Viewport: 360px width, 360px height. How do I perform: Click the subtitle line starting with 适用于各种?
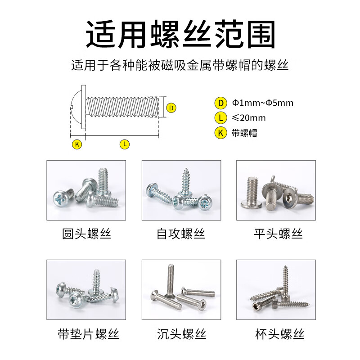[180, 66]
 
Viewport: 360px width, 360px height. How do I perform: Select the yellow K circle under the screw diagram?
[77, 144]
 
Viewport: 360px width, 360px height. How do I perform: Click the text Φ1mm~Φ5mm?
[262, 103]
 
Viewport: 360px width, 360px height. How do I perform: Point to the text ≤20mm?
[248, 118]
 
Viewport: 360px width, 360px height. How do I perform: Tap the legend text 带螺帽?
[244, 133]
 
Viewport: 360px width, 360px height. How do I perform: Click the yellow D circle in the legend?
[220, 103]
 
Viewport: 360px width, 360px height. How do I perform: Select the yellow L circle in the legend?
[220, 118]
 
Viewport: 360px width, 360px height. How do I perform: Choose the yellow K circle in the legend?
[220, 133]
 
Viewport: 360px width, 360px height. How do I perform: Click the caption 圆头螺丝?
[86, 234]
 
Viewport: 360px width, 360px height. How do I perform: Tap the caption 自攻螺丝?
[181, 234]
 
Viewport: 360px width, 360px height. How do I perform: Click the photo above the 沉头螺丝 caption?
[181, 290]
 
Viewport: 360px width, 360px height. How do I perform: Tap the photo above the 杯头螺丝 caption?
[276, 290]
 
